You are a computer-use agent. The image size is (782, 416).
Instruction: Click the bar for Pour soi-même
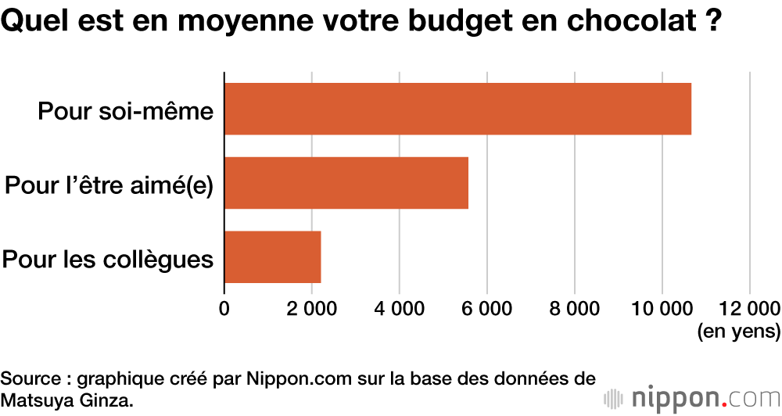457,109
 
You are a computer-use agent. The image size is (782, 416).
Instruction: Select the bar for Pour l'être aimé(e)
346,183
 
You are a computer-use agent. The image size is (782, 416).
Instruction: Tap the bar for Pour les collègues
273,257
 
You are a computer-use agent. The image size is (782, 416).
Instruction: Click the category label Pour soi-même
125,111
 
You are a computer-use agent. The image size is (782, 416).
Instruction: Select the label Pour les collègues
108,259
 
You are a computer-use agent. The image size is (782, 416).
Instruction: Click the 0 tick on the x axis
224,308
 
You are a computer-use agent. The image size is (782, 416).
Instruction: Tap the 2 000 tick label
312,308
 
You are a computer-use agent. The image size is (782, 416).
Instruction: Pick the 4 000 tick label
400,308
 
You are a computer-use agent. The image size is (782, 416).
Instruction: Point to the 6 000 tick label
487,308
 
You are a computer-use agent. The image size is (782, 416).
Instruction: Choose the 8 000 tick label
575,308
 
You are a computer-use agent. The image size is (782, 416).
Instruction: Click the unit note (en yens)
738,332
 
